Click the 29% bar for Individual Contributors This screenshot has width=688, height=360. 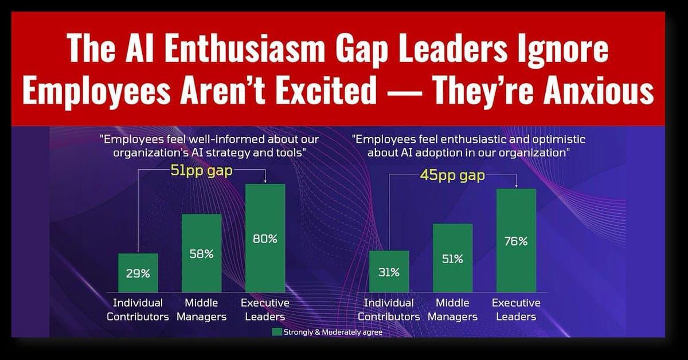point(138,273)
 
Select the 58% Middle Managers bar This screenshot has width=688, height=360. point(201,253)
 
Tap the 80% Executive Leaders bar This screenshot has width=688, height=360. point(265,238)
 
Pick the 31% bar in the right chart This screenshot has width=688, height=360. point(389,272)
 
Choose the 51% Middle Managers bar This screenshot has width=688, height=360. point(452,258)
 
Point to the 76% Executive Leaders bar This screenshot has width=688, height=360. point(515,240)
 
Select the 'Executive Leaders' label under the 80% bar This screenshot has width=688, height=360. point(265,310)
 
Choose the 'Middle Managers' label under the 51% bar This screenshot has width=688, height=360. point(452,310)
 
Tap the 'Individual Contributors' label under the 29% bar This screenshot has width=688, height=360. point(138,310)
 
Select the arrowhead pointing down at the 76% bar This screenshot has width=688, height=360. point(516,186)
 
